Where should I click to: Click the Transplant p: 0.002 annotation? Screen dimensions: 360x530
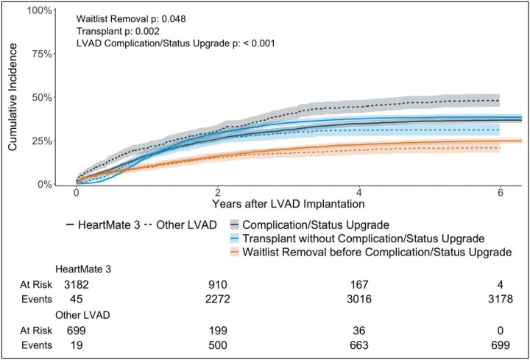(116, 32)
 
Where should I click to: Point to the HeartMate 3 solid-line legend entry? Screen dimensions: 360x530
(103, 223)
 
